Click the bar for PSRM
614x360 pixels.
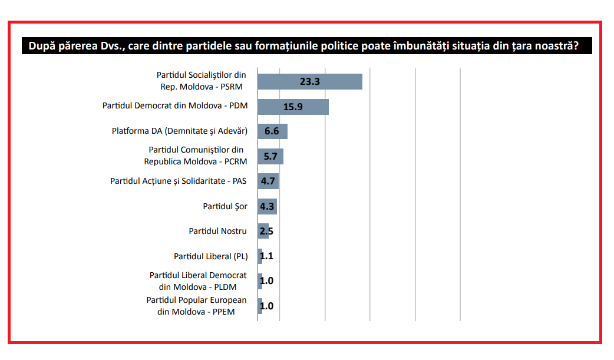click(x=310, y=82)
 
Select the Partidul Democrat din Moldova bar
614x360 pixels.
click(x=293, y=107)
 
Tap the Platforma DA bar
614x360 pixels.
click(x=272, y=131)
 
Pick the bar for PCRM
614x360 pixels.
click(x=270, y=157)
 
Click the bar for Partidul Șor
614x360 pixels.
click(x=267, y=207)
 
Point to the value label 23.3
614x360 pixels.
click(x=310, y=82)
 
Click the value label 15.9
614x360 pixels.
click(x=293, y=107)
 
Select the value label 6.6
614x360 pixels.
click(x=272, y=131)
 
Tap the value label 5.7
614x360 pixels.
click(x=270, y=157)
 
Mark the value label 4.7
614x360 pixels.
click(x=268, y=181)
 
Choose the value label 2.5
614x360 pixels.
click(x=266, y=231)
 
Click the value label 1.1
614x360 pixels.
click(x=266, y=256)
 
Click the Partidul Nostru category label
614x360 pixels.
click(x=217, y=231)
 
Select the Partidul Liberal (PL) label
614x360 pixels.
click(x=210, y=256)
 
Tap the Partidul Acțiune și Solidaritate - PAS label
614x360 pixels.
click(x=178, y=181)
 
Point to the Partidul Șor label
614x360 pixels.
click(x=225, y=206)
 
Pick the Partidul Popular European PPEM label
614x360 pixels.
click(x=196, y=306)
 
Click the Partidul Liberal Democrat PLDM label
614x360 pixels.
click(x=198, y=281)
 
